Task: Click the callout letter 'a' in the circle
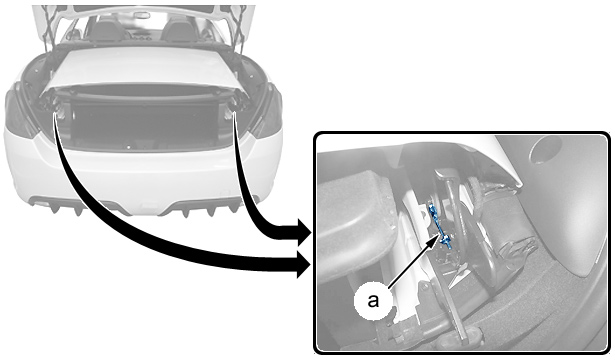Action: click(373, 301)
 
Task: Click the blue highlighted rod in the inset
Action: click(440, 226)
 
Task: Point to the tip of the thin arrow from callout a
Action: click(437, 239)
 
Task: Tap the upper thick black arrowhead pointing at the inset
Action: click(304, 232)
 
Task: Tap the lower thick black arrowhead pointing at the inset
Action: click(304, 264)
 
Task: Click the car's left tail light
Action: click(18, 114)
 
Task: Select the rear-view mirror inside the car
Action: click(141, 15)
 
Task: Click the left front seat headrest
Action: click(103, 28)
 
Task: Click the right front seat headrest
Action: click(175, 28)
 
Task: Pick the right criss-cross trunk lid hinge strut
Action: click(238, 27)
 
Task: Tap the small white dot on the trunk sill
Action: click(129, 147)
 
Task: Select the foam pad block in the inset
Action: click(355, 224)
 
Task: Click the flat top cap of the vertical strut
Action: click(444, 173)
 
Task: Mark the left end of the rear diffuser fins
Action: click(54, 209)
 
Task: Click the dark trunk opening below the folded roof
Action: click(143, 122)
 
